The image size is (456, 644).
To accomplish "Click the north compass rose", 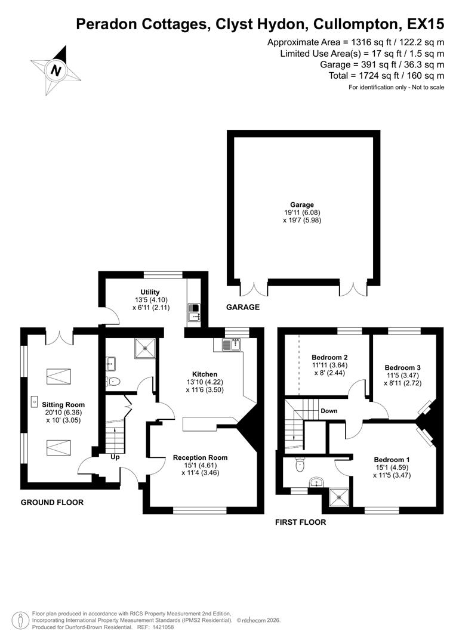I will (x=56, y=70).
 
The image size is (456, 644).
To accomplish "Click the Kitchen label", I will (x=205, y=374).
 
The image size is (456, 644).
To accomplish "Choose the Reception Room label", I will (x=201, y=457).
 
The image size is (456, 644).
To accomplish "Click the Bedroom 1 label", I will (x=392, y=460).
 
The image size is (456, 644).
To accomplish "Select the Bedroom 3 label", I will (x=403, y=367).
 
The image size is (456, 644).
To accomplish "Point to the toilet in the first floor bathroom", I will (x=301, y=463).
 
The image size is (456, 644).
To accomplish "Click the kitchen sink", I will (x=230, y=345).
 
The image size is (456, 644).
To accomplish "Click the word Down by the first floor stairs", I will (x=329, y=411).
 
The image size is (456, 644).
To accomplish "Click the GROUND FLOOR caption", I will (x=53, y=502).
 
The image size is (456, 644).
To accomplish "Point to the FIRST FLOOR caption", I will (x=300, y=522).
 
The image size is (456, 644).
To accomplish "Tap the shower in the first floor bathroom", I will (x=337, y=496).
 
